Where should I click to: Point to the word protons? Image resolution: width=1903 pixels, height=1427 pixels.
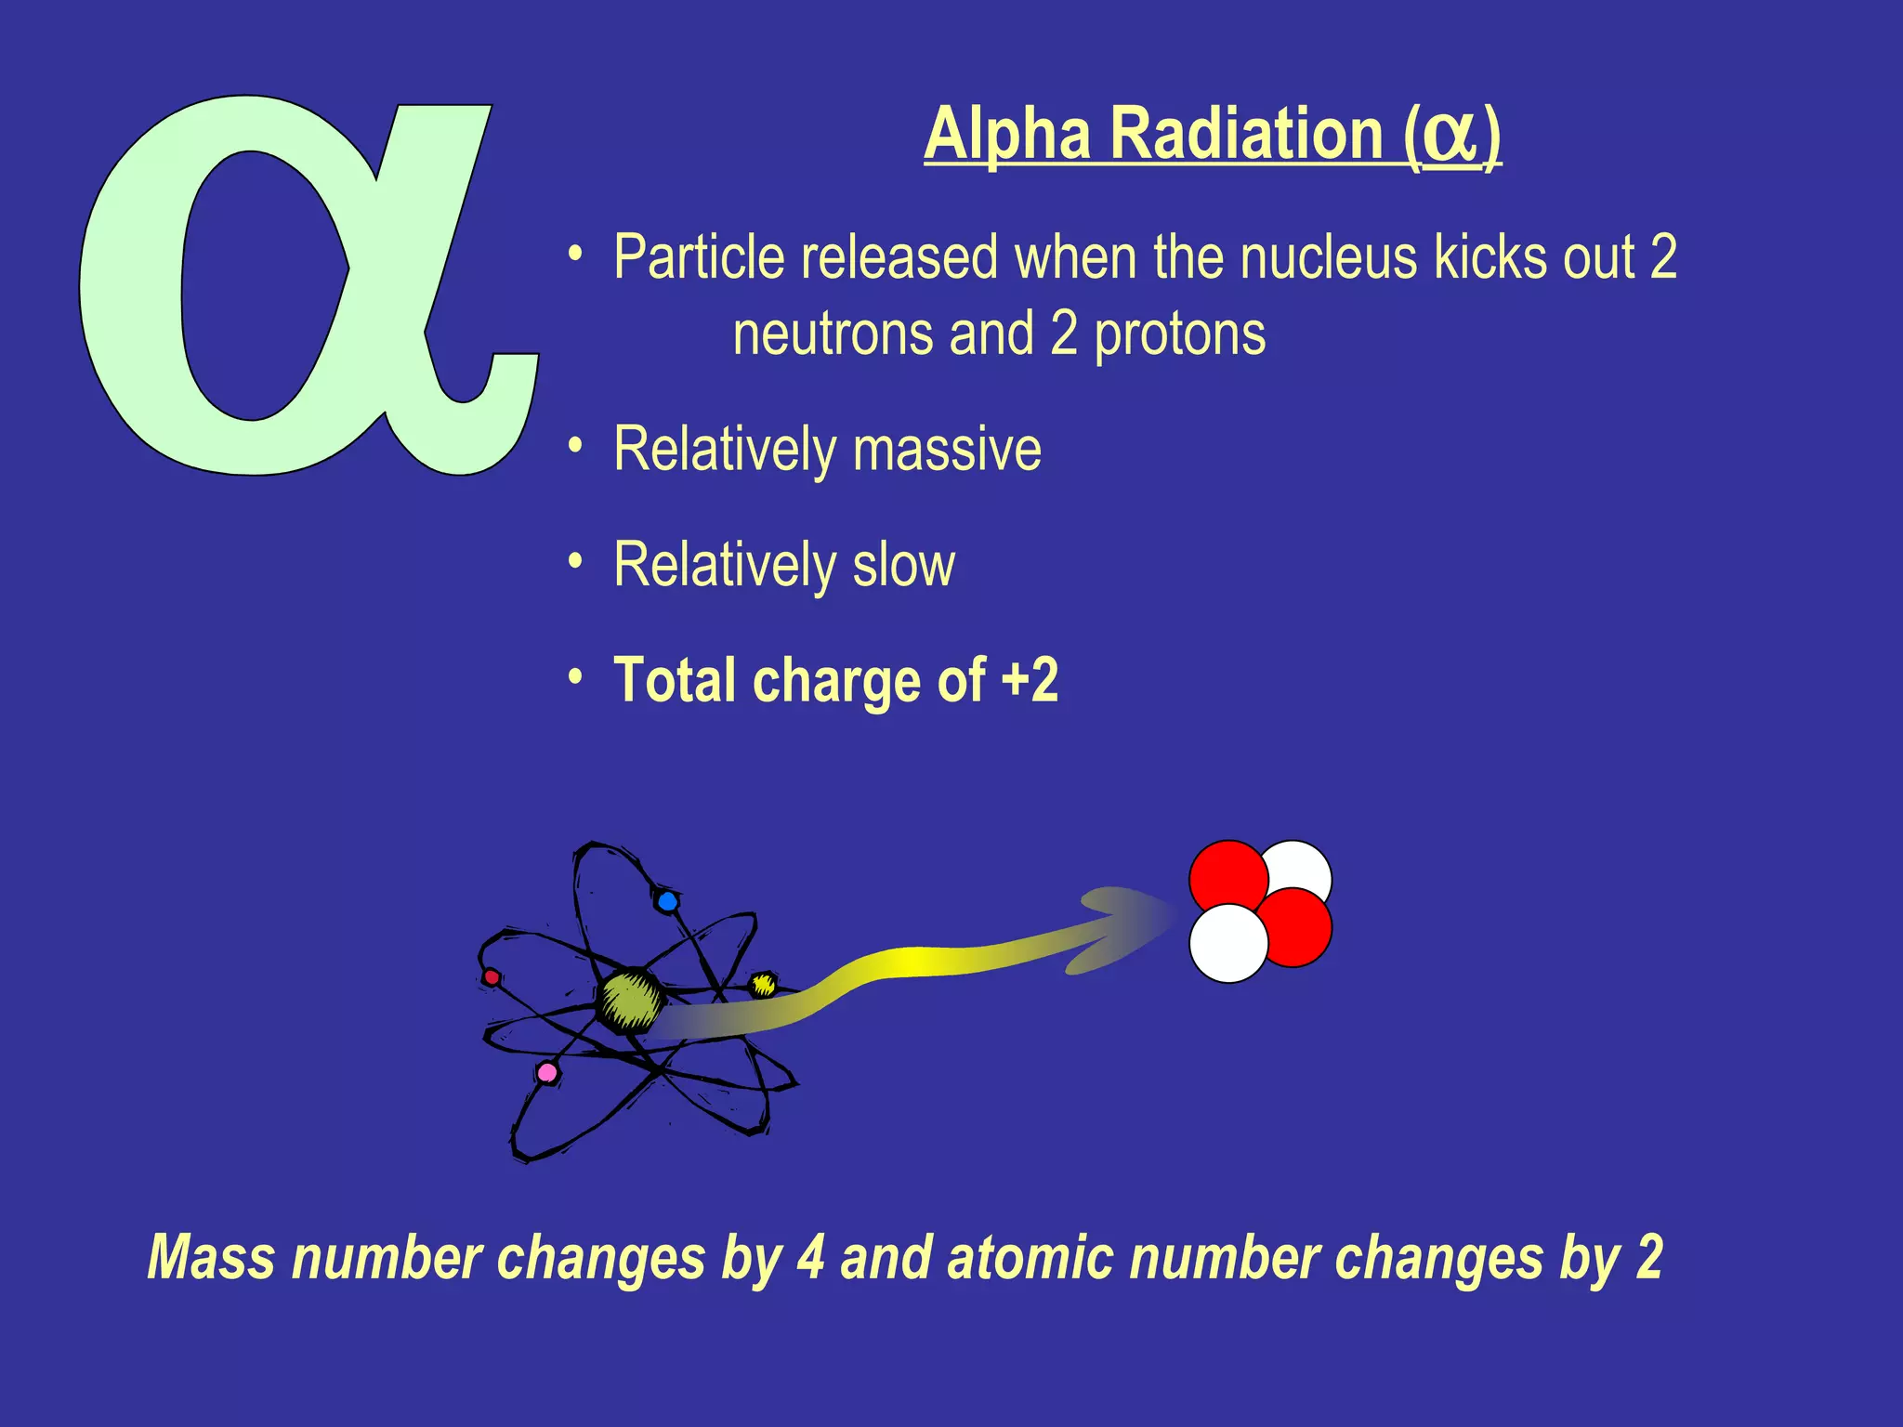coord(1180,334)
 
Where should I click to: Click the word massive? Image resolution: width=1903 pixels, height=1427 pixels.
coord(948,450)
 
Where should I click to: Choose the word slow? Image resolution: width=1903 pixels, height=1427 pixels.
coord(904,565)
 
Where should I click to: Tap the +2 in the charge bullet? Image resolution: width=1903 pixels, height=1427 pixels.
coord(1030,680)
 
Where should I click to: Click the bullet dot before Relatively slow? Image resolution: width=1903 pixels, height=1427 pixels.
coord(576,560)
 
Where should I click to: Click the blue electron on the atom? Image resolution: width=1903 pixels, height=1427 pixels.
coord(667,901)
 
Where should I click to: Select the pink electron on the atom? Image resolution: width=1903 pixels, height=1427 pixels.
coord(547,1073)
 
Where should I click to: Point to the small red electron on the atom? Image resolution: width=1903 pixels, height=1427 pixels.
coord(492,977)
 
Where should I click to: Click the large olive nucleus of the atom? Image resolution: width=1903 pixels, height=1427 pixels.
coord(630,1001)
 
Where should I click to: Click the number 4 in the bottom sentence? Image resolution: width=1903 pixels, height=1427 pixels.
coord(810,1258)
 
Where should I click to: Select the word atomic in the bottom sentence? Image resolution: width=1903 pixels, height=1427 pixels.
coord(1030,1258)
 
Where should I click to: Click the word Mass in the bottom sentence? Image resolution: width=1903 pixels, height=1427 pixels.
coord(212,1258)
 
